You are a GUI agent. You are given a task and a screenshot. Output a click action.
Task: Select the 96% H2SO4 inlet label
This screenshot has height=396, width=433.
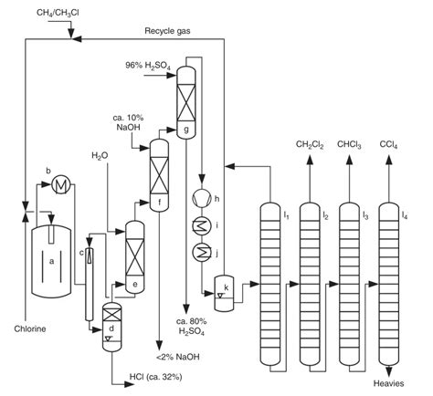(x=149, y=65)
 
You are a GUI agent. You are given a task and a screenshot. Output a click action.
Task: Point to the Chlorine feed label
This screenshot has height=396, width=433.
(x=29, y=328)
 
